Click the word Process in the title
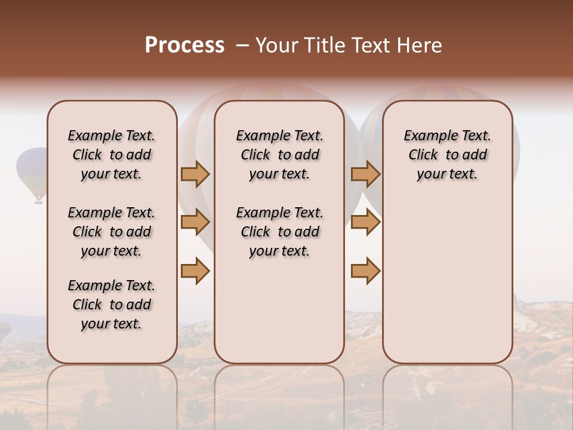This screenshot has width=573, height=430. click(184, 45)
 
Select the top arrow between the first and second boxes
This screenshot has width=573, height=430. click(195, 174)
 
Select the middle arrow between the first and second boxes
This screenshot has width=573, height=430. click(195, 223)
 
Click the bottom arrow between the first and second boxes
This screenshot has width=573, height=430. click(195, 271)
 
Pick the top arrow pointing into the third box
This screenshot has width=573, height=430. click(365, 174)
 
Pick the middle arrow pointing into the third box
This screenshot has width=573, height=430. click(365, 223)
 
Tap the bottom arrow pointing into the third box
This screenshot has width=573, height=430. click(365, 271)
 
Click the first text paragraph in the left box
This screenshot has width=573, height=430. click(112, 155)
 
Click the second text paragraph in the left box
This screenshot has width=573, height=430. click(112, 232)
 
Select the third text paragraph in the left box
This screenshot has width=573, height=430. click(112, 305)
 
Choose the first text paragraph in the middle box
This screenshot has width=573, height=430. click(279, 155)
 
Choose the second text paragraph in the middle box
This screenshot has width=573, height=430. click(279, 232)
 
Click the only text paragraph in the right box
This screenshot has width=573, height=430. click(448, 155)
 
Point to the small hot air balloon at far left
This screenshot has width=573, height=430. click(32, 169)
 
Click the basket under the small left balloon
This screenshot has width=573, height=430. click(39, 201)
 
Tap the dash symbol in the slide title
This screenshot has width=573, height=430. click(242, 45)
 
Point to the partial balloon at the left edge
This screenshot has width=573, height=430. click(4, 331)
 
